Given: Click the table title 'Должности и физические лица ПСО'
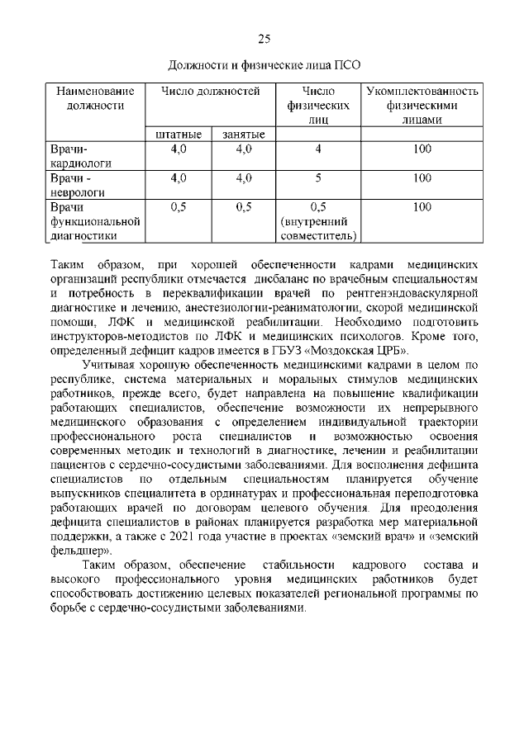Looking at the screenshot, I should pyautogui.click(x=264, y=64).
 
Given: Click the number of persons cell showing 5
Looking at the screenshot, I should pyautogui.click(x=318, y=177).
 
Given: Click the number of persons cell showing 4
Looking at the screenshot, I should pyautogui.click(x=318, y=149).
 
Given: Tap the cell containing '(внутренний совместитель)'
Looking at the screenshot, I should pyautogui.click(x=318, y=229).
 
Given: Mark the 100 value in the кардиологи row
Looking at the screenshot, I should pyautogui.click(x=422, y=149).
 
